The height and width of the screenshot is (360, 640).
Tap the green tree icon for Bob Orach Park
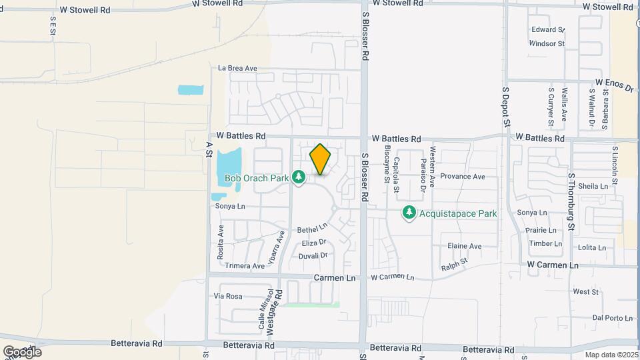pos(299,177)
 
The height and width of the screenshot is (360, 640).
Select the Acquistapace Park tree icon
pos(409,213)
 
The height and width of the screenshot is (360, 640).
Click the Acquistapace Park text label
pos(458,214)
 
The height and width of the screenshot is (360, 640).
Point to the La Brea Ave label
pos(238,68)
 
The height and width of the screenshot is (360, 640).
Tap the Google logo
pos(23,351)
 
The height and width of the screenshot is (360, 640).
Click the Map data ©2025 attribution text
pos(611,355)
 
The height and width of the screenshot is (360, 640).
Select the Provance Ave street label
pos(461,177)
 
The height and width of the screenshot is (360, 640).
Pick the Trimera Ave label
pos(245,265)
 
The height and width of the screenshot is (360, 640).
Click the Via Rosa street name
pos(228,296)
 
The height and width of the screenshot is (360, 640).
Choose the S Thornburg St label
pos(571,201)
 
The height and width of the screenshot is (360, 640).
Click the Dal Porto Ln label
pos(611,317)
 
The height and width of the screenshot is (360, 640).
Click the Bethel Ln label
pos(313,228)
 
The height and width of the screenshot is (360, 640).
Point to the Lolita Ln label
pos(592,247)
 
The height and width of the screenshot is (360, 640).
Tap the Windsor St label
pos(547,43)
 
